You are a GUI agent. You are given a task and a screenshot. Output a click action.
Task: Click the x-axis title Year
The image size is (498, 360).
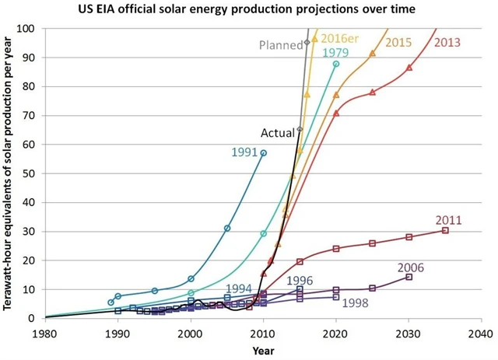click(263, 350)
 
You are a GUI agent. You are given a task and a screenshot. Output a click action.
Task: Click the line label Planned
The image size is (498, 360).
click(280, 45)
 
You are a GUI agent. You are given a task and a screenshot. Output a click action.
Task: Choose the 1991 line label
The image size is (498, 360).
click(244, 152)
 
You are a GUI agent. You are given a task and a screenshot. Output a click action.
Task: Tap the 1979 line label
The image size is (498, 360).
click(335, 53)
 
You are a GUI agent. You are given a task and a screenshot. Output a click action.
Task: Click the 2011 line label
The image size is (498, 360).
click(450, 219)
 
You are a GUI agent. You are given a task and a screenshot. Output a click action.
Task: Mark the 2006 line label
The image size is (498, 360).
click(412, 267)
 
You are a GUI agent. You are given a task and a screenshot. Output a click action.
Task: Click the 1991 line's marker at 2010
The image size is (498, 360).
click(263, 153)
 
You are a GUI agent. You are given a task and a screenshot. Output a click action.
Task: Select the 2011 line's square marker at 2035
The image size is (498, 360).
click(445, 230)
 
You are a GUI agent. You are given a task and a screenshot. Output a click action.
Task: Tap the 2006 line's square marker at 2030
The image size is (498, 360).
click(409, 277)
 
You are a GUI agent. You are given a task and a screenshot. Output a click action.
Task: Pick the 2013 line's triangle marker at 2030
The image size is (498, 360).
click(409, 68)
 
